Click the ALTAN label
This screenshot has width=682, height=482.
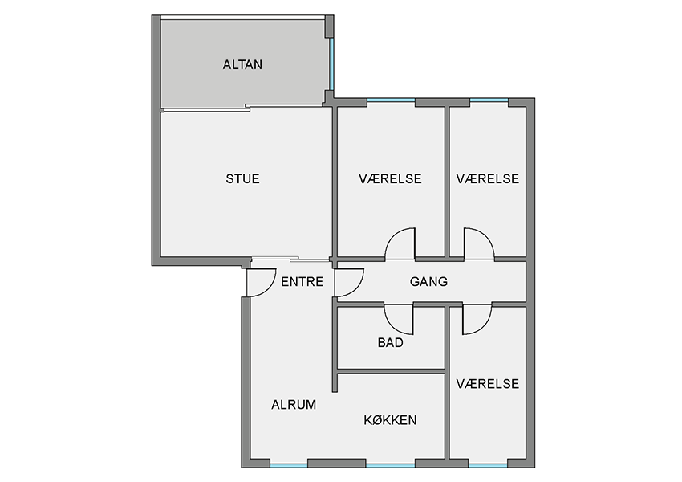242,64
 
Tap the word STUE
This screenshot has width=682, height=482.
242,178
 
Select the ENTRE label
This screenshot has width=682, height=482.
302,282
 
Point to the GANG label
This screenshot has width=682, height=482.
428,282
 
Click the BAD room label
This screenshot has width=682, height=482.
390,343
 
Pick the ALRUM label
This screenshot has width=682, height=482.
294,405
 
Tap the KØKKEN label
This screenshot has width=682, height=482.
390,419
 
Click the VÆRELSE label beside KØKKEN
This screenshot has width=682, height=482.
488,384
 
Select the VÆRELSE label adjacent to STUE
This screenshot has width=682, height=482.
390,178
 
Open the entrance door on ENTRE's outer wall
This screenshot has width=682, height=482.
261,283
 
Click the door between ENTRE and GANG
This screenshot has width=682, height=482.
349,283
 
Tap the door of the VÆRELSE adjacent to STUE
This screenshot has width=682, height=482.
400,244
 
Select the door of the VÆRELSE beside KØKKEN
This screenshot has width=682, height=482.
477,319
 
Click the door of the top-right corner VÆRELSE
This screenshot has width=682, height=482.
479,244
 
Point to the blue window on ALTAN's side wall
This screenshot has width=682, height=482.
331,64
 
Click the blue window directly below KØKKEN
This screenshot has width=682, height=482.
391,465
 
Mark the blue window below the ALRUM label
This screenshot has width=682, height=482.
289,465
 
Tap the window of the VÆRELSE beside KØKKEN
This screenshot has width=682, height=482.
488,465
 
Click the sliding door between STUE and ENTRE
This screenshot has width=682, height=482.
290,259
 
